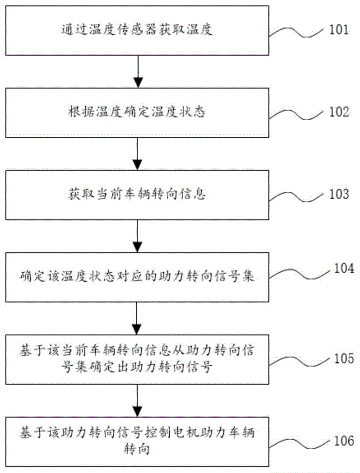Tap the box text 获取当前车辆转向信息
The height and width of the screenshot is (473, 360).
138,194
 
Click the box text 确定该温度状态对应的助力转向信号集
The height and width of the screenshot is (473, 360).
138,276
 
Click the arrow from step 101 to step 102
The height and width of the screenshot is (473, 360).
138,71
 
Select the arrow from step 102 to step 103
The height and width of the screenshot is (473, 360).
138,153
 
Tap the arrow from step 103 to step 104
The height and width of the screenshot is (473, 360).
138,235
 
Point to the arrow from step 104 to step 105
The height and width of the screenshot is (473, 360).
138,317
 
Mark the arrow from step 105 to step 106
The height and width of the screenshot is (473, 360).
138,399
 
